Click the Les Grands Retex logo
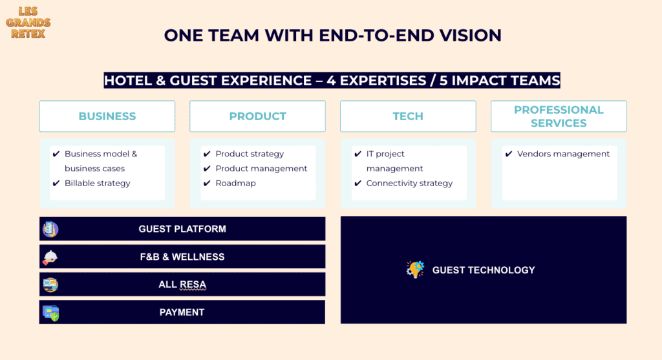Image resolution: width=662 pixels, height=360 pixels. tap(28, 23)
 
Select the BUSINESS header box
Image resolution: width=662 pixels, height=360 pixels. tap(107, 116)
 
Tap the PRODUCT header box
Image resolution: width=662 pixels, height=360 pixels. tap(257, 116)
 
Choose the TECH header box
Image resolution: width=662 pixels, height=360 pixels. tap(408, 116)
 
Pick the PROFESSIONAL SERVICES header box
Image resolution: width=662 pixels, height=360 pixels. tap(559, 116)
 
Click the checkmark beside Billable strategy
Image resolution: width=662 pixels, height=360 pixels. tap(56, 183)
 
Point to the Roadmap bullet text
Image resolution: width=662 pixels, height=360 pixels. tap(235, 183)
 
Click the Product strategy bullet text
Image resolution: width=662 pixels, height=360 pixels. tap(250, 154)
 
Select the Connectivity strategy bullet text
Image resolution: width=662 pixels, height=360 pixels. tap(409, 183)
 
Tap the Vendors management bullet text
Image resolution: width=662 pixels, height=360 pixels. tap(563, 154)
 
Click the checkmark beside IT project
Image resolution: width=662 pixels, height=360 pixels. tap(358, 154)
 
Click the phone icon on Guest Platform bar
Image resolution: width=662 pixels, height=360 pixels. tap(50, 229)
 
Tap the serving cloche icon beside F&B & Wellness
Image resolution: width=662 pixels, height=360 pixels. tap(50, 257)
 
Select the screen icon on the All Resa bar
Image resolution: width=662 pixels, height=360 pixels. tap(50, 285)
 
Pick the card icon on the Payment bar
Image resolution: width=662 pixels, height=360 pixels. tap(50, 313)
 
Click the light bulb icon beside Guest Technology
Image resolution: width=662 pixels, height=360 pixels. tap(415, 270)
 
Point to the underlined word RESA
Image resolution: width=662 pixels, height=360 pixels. tap(193, 285)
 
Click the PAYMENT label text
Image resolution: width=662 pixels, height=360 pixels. tap(182, 312)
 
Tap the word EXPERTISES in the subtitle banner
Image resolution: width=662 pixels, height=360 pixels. tap(383, 80)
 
